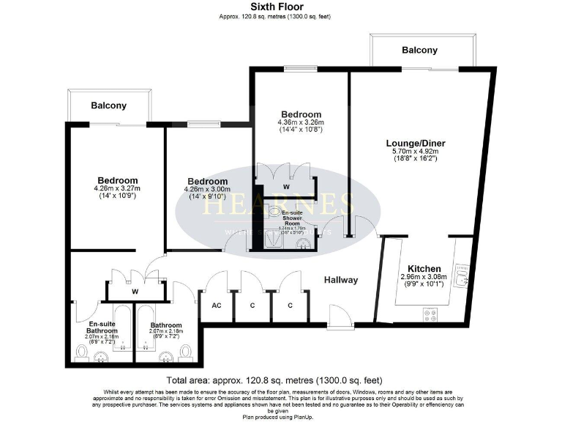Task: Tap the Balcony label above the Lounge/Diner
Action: point(419,51)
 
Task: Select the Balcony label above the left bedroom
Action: point(110,105)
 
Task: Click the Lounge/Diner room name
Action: point(416,143)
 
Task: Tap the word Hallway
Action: point(341,280)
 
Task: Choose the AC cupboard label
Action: point(217,306)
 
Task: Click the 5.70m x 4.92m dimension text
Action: point(416,152)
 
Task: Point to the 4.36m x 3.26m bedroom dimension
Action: point(301,122)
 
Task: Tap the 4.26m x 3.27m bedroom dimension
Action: point(117,189)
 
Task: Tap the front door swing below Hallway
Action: point(340,317)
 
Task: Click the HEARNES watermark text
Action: point(274,204)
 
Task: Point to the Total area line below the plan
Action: point(274,380)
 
